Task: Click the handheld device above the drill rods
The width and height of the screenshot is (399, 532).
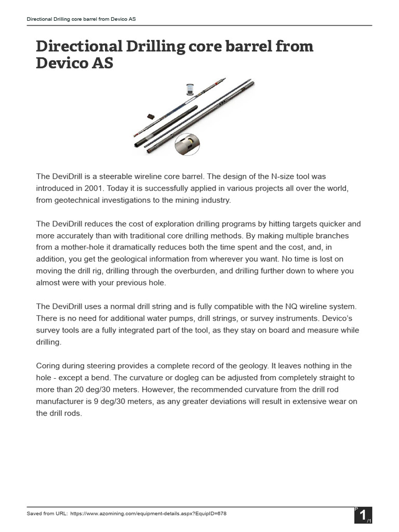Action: (190, 90)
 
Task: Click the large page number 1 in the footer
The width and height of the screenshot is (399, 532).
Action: (361, 514)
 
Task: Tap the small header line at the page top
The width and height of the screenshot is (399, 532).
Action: (82, 19)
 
